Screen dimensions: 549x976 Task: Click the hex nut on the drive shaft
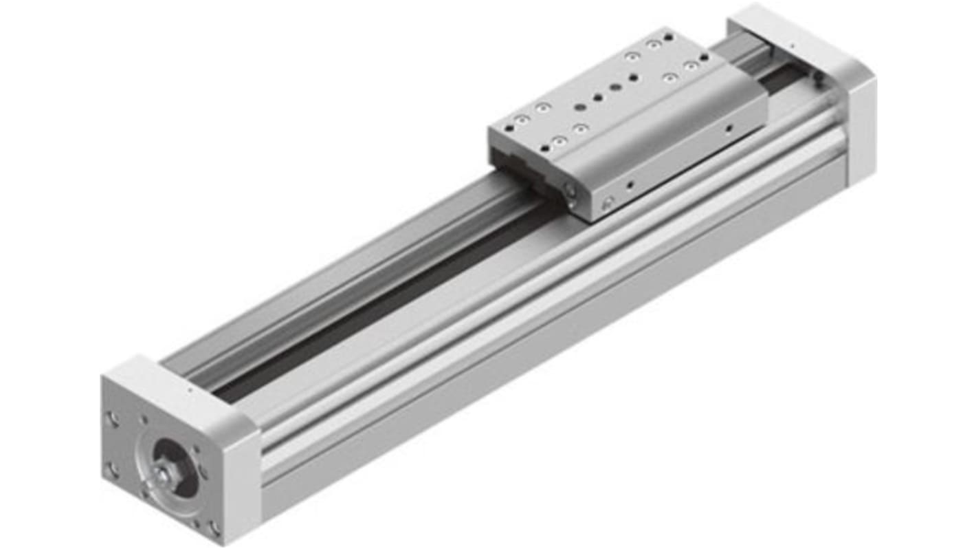(x=164, y=474)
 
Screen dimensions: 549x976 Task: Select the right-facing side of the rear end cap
(x=863, y=131)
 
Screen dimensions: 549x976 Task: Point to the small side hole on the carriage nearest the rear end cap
(x=729, y=127)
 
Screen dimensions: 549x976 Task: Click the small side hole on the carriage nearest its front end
(x=629, y=184)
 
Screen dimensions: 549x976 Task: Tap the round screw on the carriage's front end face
(x=570, y=190)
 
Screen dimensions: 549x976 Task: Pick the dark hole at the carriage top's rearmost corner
(x=704, y=57)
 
